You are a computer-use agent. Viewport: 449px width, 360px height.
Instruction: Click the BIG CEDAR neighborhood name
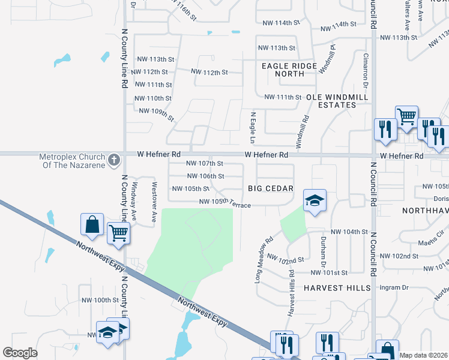pyautogui.click(x=271, y=188)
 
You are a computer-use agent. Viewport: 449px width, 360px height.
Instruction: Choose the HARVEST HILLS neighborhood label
pyautogui.click(x=337, y=288)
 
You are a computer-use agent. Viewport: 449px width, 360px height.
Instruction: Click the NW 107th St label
pyautogui.click(x=205, y=163)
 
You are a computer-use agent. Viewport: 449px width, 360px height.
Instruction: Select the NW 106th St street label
pyautogui.click(x=205, y=176)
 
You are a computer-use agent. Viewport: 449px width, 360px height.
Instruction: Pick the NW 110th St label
pyautogui.click(x=153, y=98)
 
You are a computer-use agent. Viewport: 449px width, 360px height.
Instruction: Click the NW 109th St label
pyautogui.click(x=156, y=113)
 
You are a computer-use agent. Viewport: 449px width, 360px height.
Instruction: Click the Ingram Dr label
pyautogui.click(x=394, y=288)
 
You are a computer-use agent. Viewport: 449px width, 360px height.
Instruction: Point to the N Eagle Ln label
pyautogui.click(x=253, y=127)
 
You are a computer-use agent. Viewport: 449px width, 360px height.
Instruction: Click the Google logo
pyautogui.click(x=20, y=352)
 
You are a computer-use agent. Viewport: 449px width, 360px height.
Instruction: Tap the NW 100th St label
pyautogui.click(x=98, y=300)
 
